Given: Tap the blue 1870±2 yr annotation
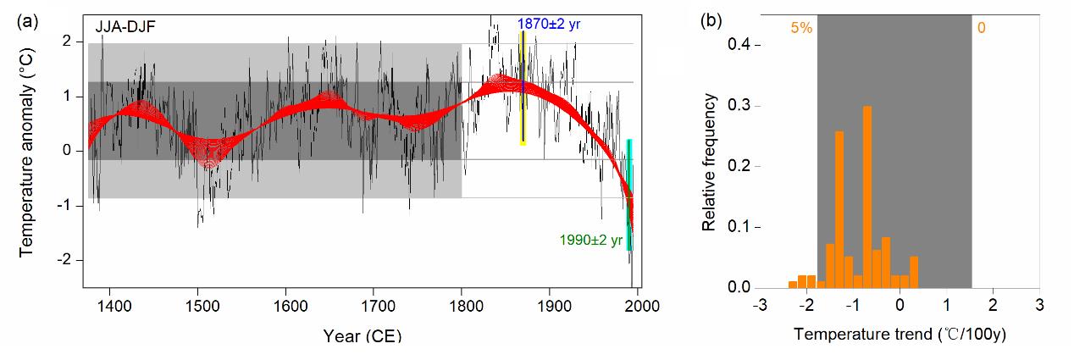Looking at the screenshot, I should point(550,24).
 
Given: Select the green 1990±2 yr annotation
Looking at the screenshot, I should point(591,240).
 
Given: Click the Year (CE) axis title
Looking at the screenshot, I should point(362,336).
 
